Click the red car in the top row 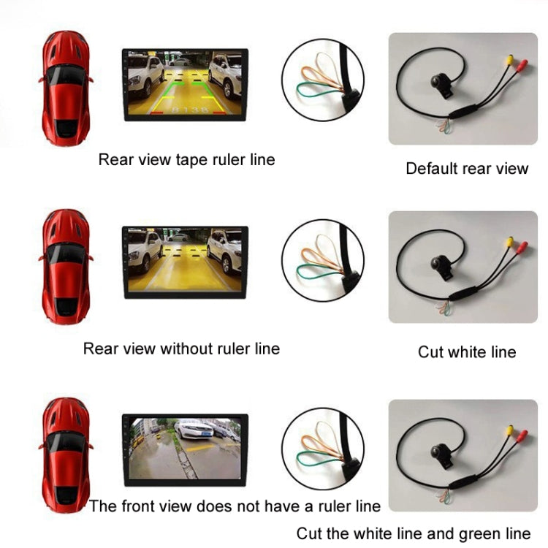tap(65, 87)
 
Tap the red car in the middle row tap(66, 267)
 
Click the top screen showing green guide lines tap(185, 84)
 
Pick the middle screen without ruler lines tap(185, 262)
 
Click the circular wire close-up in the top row tap(322, 78)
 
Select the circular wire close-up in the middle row tap(322, 260)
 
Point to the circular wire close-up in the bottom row tap(322, 447)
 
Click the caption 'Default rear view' tap(467, 169)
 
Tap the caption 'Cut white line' tap(467, 352)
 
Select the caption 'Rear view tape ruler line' tap(187, 159)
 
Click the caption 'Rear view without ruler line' tap(181, 349)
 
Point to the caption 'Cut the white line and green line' tap(414, 533)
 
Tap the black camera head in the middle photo tap(441, 265)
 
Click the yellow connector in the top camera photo tap(509, 61)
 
